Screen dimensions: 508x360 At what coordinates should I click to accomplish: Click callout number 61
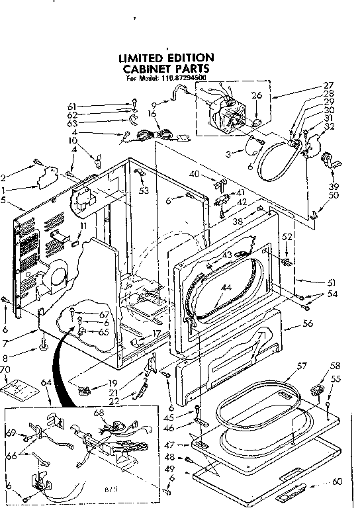point(71,106)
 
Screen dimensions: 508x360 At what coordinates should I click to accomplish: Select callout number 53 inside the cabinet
point(144,191)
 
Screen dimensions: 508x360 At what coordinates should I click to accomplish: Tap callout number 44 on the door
point(227,288)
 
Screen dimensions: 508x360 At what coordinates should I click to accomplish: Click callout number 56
point(307,324)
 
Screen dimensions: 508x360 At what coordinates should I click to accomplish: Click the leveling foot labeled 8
point(44,344)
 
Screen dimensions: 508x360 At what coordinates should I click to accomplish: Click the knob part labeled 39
point(329,160)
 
